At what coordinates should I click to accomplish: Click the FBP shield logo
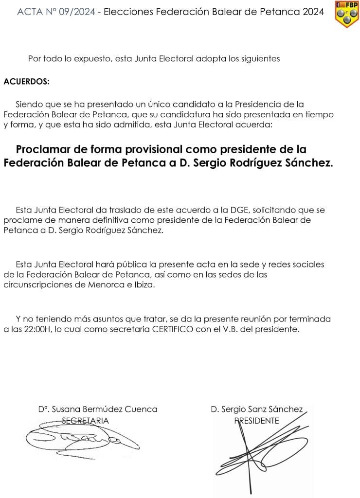click(347, 14)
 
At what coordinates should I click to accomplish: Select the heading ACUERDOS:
click(27, 81)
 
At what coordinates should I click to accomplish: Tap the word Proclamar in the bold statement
click(41, 149)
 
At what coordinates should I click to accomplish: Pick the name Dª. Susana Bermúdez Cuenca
click(98, 409)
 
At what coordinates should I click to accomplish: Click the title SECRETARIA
click(86, 421)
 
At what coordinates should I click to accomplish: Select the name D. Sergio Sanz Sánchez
click(257, 409)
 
